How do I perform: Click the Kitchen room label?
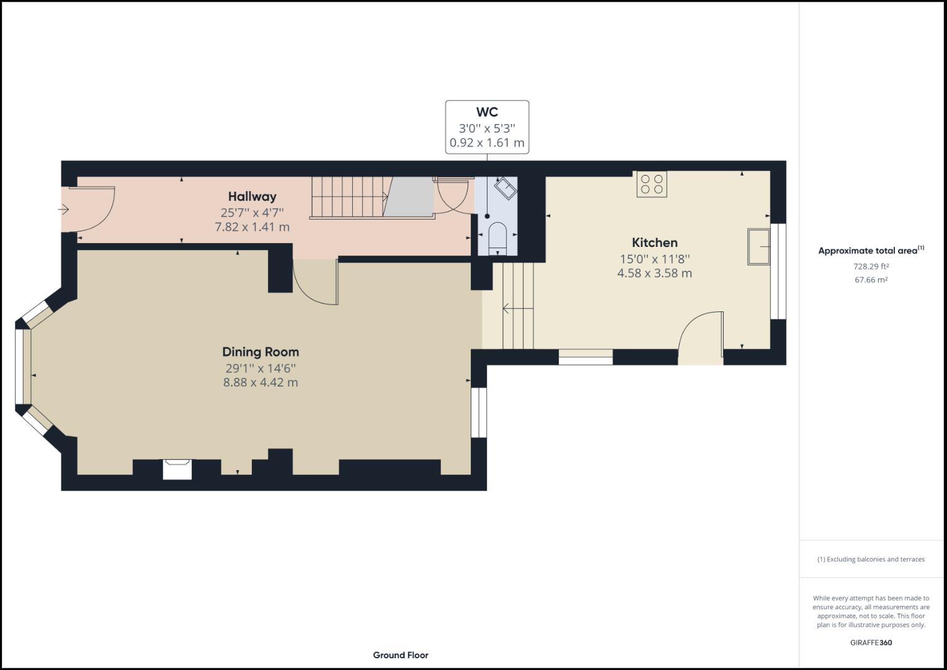(x=654, y=243)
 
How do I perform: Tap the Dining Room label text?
(x=260, y=352)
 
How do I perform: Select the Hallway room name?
(x=252, y=197)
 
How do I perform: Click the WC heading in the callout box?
(x=487, y=112)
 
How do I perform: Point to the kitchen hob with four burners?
(x=651, y=184)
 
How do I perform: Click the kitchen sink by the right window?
(x=758, y=247)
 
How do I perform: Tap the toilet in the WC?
(x=497, y=239)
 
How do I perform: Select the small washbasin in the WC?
(x=505, y=189)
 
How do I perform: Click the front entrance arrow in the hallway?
(x=63, y=210)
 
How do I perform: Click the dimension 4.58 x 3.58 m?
(x=654, y=273)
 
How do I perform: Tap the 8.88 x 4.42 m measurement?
(x=260, y=382)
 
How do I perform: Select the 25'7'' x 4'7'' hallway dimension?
(x=252, y=212)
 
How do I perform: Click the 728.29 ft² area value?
(x=871, y=267)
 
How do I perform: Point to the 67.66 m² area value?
(x=871, y=280)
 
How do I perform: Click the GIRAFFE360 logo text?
(x=871, y=643)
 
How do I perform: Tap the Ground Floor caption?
(x=401, y=655)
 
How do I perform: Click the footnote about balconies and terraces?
(x=871, y=559)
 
